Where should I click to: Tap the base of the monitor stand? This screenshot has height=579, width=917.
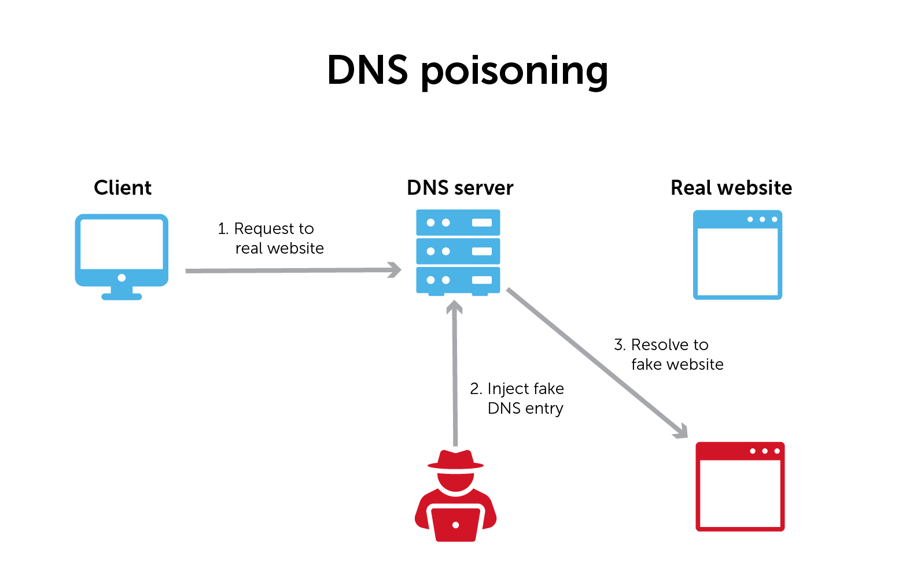point(121,296)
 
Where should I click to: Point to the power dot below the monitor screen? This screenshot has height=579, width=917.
point(121,278)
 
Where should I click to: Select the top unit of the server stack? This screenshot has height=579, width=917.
point(458,222)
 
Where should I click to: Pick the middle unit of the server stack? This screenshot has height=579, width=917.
point(458,251)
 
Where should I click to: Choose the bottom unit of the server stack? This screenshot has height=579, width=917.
point(458,280)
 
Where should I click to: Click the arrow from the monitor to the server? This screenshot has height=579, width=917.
point(289,270)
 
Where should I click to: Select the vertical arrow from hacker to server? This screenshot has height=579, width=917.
point(455,376)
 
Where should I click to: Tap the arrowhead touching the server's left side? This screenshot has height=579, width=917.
point(395,270)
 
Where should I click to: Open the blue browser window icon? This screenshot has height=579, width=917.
point(738,255)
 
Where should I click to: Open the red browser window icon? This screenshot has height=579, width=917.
point(740,487)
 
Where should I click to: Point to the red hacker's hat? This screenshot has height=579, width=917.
point(455,460)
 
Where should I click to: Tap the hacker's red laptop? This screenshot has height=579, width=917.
point(455,524)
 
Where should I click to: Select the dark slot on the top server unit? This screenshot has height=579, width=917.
point(482,222)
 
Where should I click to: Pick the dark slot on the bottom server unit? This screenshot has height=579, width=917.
point(482,280)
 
